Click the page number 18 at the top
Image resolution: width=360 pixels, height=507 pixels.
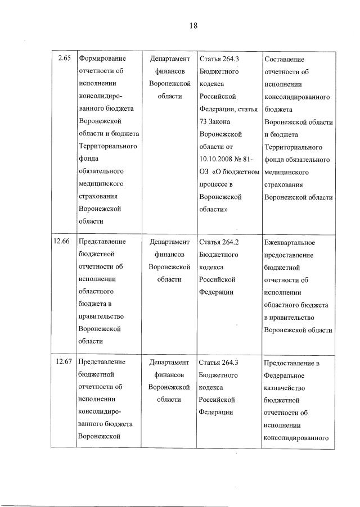[x=192, y=26]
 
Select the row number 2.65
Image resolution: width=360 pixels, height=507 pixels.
[x=64, y=58]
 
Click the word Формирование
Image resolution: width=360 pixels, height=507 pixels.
[x=102, y=58]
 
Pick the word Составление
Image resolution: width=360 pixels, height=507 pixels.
[x=284, y=59]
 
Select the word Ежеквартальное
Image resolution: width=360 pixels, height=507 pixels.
[x=289, y=243]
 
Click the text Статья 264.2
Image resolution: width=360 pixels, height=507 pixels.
[x=219, y=242]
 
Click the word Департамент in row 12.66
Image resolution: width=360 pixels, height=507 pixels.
[x=170, y=242]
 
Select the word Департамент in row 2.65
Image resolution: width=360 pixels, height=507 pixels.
[x=170, y=58]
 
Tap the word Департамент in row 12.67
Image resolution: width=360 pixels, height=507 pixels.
[x=170, y=361]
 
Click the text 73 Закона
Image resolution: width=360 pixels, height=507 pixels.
[x=217, y=121]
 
